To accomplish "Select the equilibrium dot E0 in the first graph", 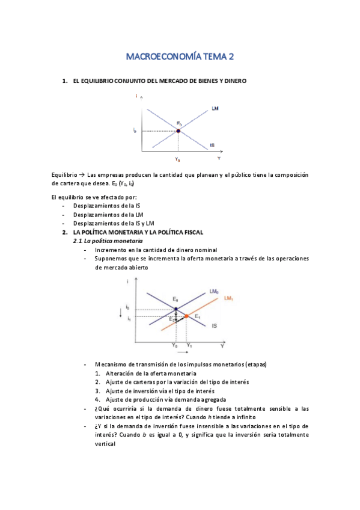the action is click(x=178, y=131).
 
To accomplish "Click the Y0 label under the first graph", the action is click(x=178, y=159).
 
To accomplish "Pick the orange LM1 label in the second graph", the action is click(x=228, y=298).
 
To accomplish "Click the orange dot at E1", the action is click(x=186, y=316).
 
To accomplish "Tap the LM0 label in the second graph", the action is click(x=213, y=292).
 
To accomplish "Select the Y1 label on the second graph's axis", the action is click(x=189, y=346).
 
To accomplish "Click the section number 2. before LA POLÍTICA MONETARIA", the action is click(x=66, y=232).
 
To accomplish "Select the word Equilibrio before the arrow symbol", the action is click(x=65, y=175).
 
